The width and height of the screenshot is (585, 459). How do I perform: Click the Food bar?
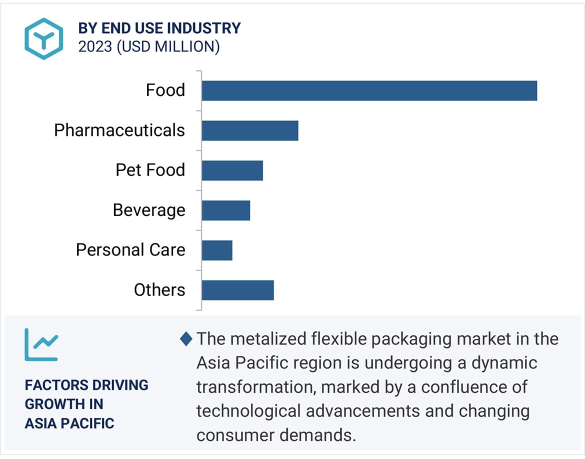(x=369, y=90)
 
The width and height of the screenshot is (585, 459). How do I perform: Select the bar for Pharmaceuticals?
(x=250, y=130)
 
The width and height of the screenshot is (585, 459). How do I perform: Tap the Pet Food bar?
(x=232, y=170)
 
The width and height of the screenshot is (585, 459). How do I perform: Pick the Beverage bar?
(x=225, y=210)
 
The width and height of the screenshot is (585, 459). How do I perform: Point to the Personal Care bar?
(x=217, y=250)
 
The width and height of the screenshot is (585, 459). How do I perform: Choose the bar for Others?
(x=237, y=290)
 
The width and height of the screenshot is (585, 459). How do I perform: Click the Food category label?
(x=165, y=90)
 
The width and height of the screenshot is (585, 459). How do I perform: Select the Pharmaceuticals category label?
(x=119, y=130)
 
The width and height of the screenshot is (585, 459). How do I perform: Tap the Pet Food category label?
(x=150, y=170)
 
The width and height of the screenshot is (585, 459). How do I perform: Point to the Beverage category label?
(x=149, y=210)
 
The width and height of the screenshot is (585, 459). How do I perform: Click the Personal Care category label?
(x=130, y=250)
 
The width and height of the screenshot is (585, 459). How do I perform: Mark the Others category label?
(x=159, y=290)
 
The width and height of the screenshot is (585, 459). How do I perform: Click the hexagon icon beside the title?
(x=44, y=38)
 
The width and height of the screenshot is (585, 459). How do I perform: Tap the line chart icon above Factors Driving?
(x=41, y=344)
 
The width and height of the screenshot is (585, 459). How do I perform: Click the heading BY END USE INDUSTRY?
(x=159, y=28)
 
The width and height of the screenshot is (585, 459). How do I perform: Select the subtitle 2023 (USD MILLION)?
(x=149, y=46)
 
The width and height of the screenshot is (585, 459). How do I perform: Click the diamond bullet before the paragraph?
(x=186, y=339)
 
